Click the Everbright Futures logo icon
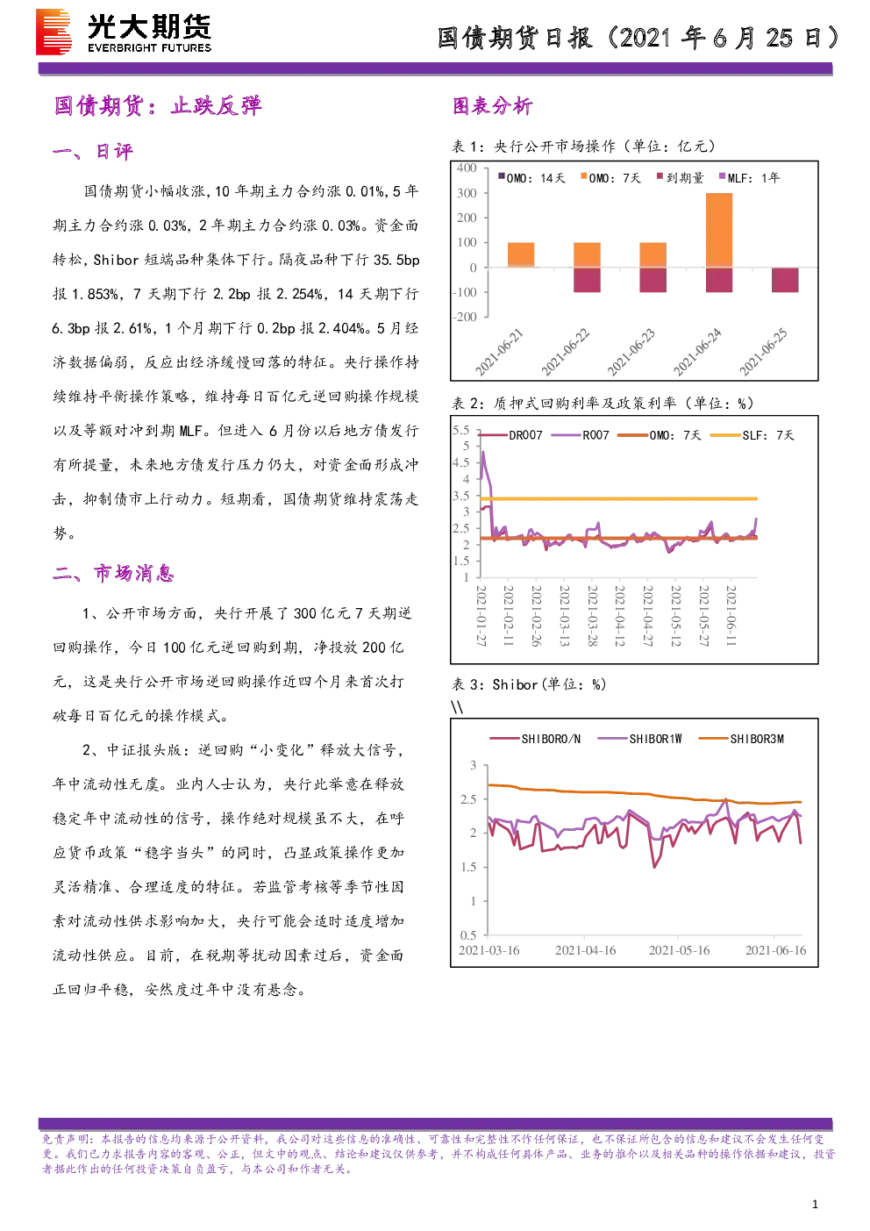point(53,32)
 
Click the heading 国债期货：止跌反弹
point(158,105)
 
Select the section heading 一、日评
point(93,151)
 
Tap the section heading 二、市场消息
point(114,573)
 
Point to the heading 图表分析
point(493,105)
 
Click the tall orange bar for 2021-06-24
point(719,230)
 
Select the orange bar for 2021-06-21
point(521,255)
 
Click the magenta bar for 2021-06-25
point(785,280)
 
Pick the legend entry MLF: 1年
point(749,177)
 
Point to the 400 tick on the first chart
point(467,168)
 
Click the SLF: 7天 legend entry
point(752,435)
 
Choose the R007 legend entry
point(581,435)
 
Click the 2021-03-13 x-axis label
point(564,615)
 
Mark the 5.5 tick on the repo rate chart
point(460,430)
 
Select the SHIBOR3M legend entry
point(741,739)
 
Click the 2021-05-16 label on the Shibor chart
point(679,950)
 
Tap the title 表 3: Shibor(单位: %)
point(529,684)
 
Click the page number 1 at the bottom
point(815,1204)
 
